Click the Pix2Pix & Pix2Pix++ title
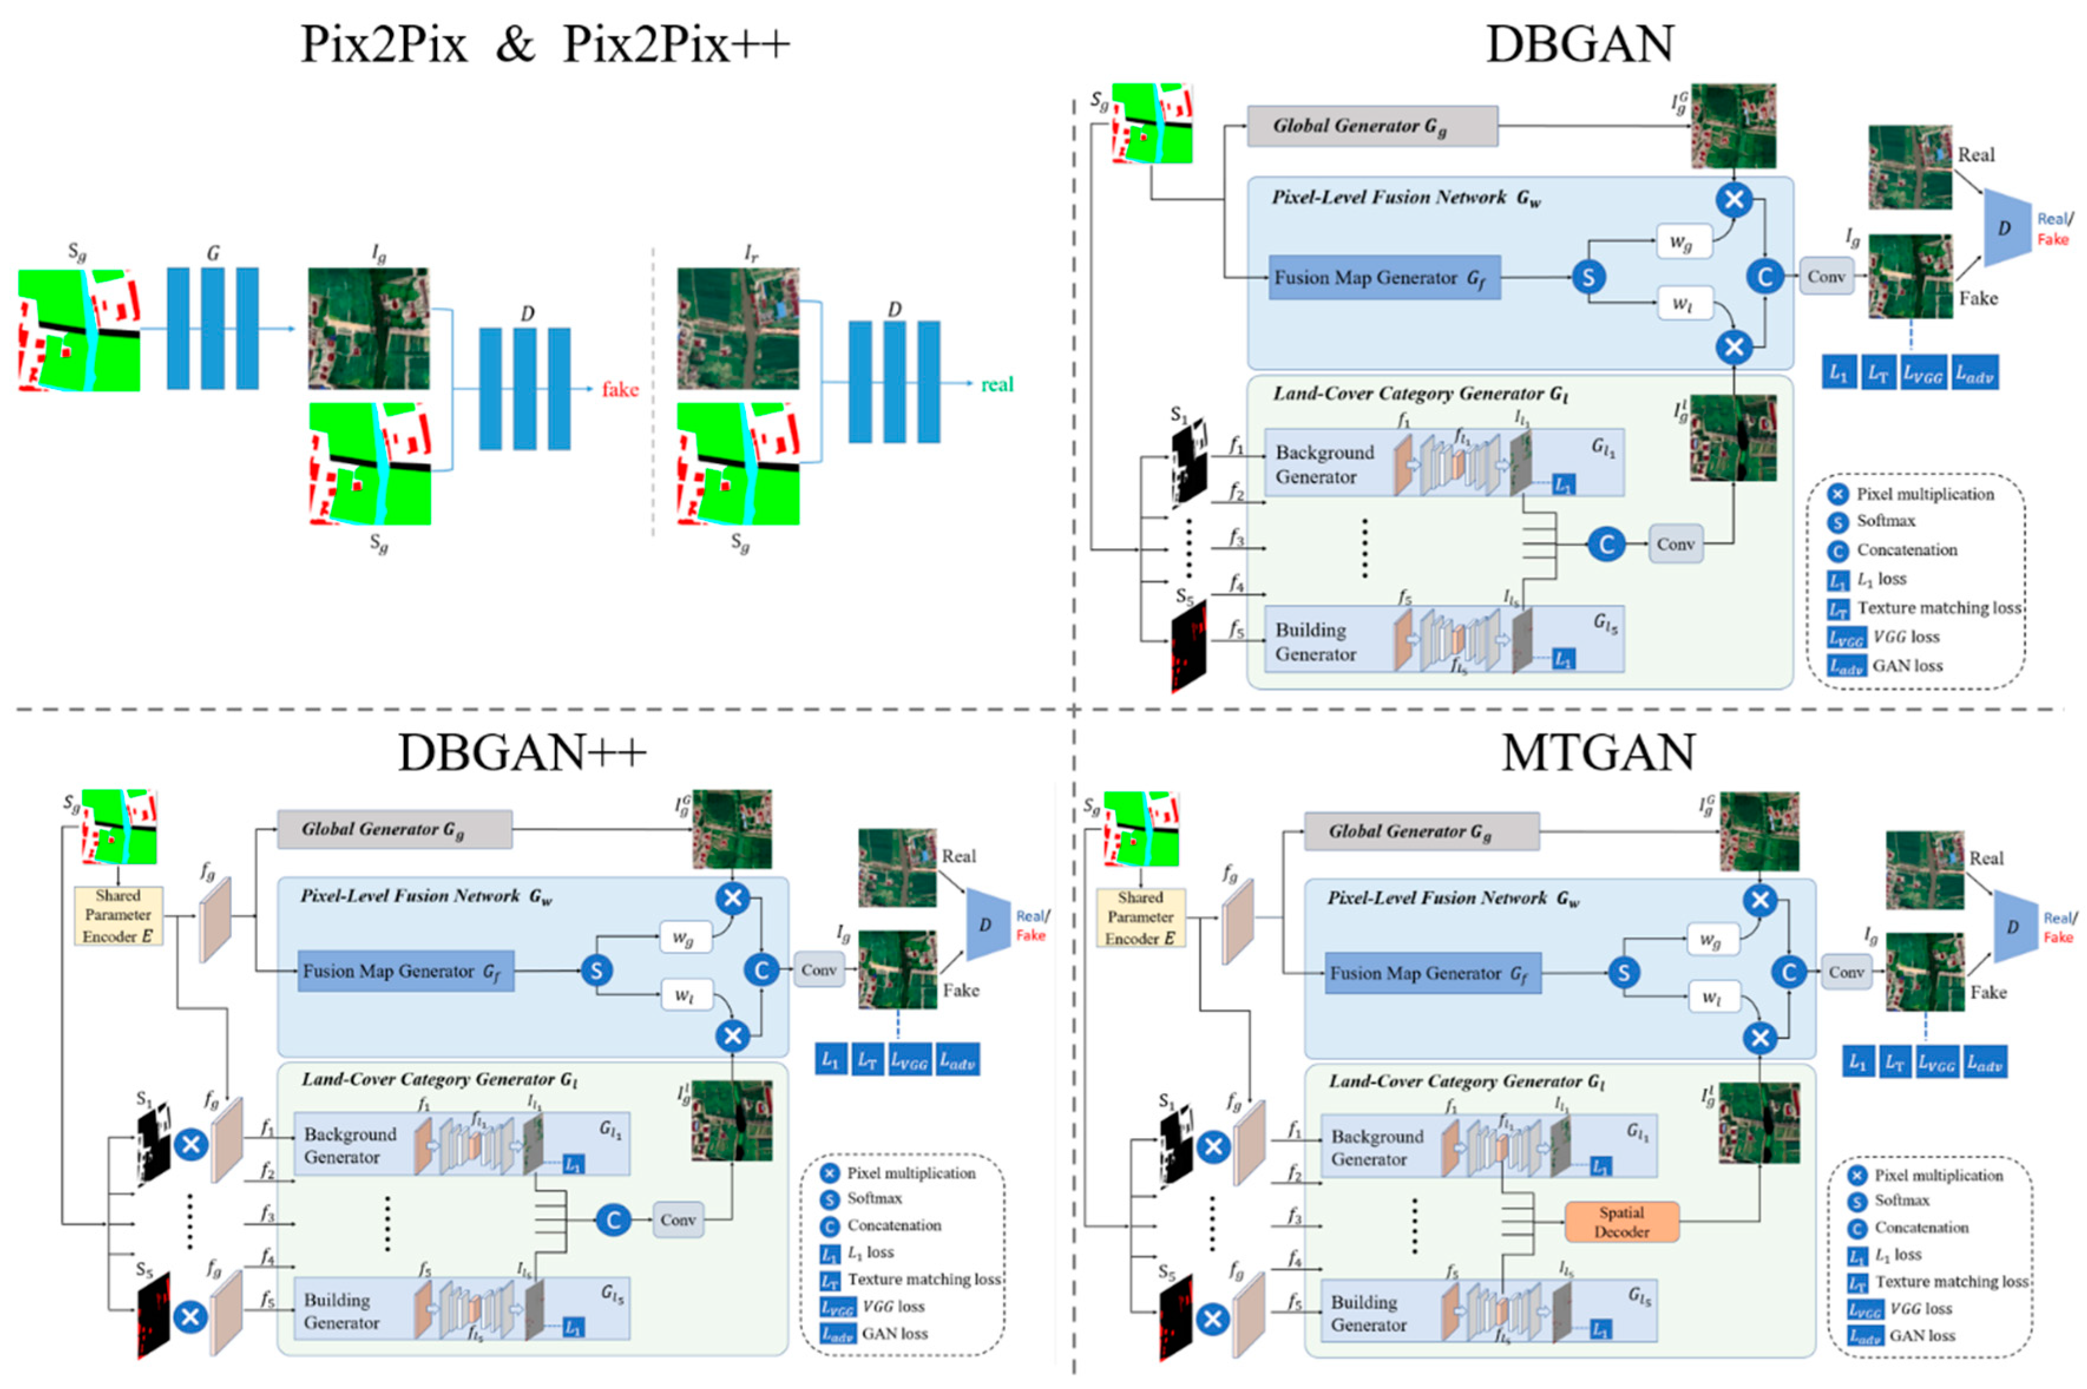click(x=544, y=44)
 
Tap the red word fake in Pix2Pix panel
click(x=619, y=389)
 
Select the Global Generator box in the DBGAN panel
click(x=1371, y=126)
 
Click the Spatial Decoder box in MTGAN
click(x=1621, y=1222)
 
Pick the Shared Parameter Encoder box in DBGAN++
click(x=118, y=915)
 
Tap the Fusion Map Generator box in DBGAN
click(x=1383, y=277)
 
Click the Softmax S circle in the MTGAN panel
click(x=1623, y=973)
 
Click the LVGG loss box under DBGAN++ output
click(x=908, y=1060)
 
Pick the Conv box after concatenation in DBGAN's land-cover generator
click(x=1674, y=544)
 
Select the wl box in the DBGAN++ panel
click(x=683, y=995)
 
